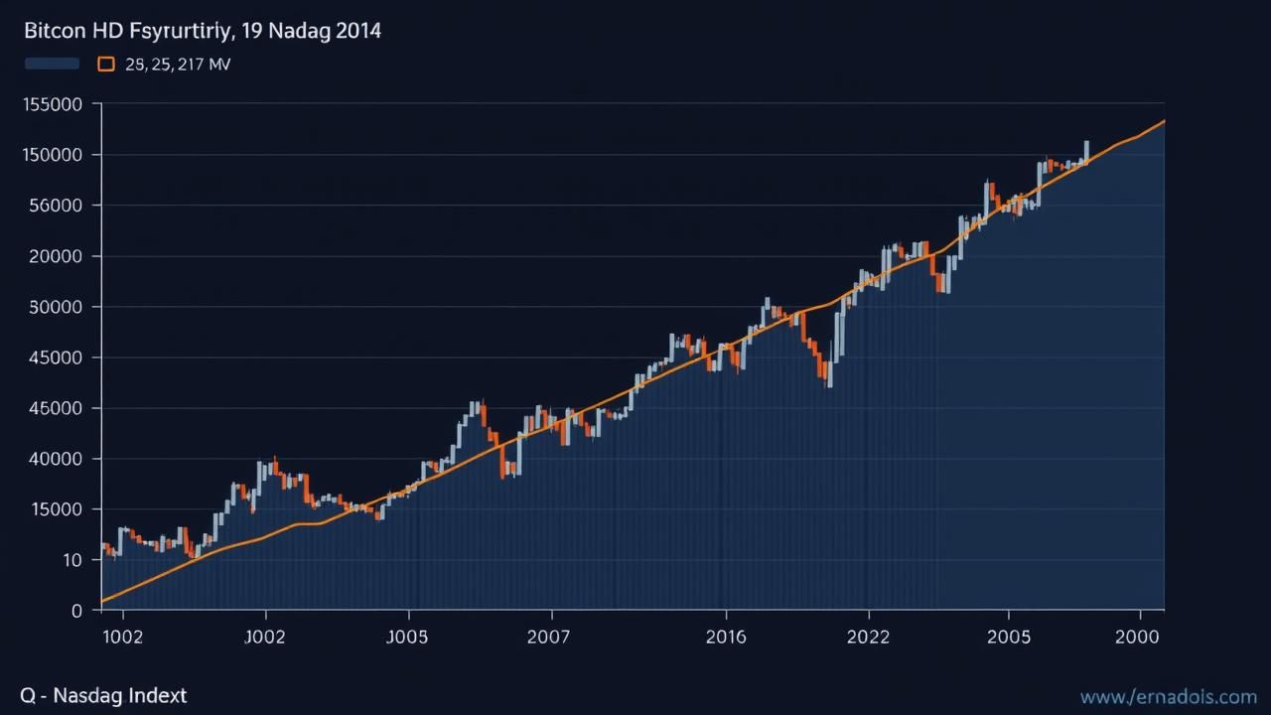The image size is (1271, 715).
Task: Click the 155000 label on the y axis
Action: (51, 104)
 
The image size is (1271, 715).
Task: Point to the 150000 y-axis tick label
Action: (51, 155)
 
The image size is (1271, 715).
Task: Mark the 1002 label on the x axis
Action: (123, 638)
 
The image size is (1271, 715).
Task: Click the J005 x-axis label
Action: (407, 638)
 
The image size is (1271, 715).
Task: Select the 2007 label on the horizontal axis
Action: (549, 638)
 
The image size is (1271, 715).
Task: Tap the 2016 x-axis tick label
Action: (726, 638)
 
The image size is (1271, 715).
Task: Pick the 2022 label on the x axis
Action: (869, 638)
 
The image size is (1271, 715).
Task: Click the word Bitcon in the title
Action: (55, 31)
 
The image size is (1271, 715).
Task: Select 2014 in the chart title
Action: (356, 31)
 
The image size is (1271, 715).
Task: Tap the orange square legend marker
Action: (106, 65)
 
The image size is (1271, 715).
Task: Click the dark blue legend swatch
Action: (52, 65)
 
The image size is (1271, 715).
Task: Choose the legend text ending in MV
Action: (179, 65)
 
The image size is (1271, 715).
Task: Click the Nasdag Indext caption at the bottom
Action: (119, 696)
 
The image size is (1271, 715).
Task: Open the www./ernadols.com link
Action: (1168, 697)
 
